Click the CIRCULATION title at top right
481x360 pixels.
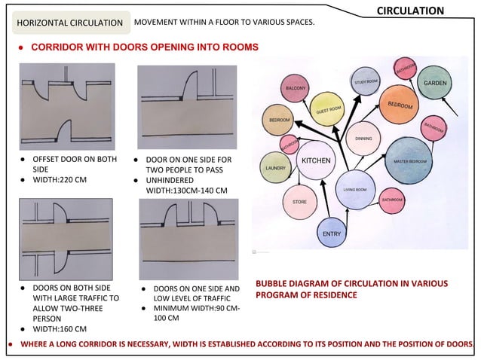pos(409,11)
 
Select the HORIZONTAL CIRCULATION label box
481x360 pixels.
pos(70,23)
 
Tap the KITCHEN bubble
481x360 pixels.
pos(316,161)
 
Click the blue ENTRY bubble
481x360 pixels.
pos(332,233)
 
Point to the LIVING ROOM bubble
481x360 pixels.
pos(354,189)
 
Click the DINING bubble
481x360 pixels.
pos(363,139)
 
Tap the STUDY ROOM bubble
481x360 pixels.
pos(366,81)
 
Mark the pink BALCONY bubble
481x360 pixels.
pos(295,89)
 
